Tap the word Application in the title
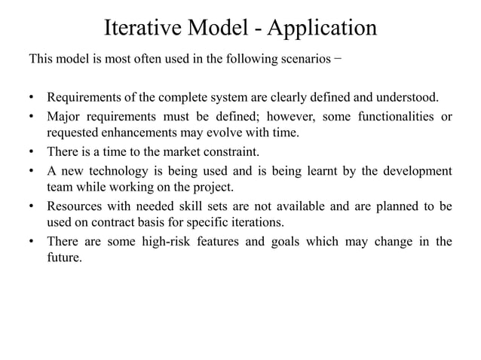[323, 28]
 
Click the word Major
[64, 117]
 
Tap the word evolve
[230, 134]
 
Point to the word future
[63, 258]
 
